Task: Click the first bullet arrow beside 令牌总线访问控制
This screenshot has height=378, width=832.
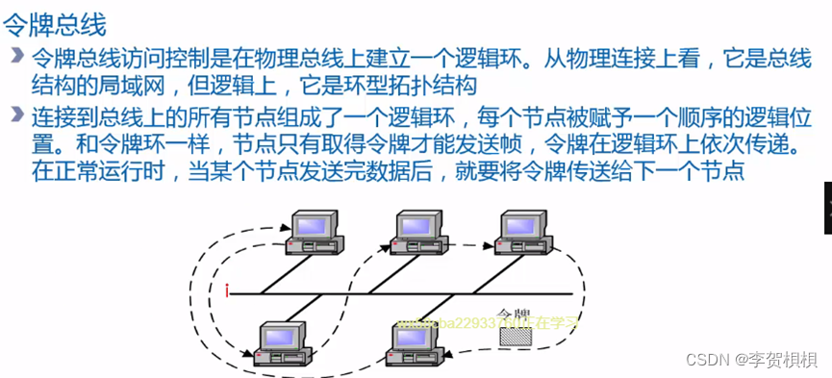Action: (16, 53)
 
